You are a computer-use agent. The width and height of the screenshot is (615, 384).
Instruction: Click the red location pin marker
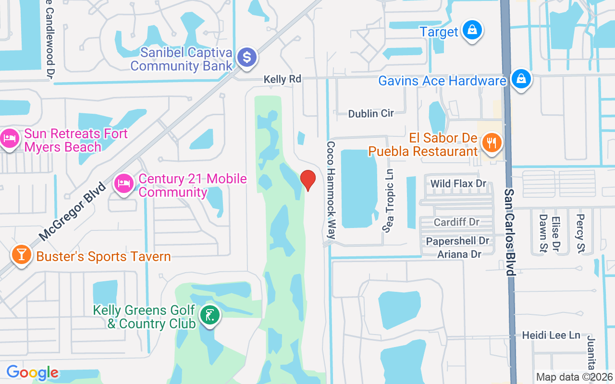[x=307, y=180]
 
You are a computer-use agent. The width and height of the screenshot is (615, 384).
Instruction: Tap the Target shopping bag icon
[x=472, y=30]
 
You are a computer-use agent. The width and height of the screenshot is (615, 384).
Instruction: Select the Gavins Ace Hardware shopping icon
[x=520, y=79]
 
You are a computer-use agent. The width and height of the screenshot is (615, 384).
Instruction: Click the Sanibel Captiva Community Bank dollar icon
[x=247, y=58]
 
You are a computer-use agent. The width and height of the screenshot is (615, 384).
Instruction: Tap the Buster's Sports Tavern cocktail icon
[x=21, y=254]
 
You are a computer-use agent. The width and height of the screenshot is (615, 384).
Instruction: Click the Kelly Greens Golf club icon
[x=210, y=315]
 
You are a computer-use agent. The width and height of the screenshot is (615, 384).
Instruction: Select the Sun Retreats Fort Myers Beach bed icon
[x=9, y=139]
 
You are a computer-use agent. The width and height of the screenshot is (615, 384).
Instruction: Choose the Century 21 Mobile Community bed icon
[x=124, y=183]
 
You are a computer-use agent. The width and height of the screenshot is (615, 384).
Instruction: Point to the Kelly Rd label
[x=282, y=79]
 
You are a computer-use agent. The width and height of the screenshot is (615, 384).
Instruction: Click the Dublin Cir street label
[x=371, y=113]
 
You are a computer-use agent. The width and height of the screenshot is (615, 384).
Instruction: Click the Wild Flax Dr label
[x=458, y=183]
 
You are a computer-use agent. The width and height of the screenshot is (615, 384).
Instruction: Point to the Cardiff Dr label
[x=456, y=222]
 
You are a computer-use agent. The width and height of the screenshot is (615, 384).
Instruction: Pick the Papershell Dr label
[x=457, y=240]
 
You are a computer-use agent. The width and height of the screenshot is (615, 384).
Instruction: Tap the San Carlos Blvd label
[x=509, y=231]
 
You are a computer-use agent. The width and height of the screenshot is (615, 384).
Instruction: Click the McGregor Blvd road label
[x=72, y=211]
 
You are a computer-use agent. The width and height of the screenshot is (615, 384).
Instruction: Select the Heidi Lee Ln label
[x=551, y=335]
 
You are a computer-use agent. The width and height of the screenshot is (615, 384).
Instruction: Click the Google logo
[x=32, y=372]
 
